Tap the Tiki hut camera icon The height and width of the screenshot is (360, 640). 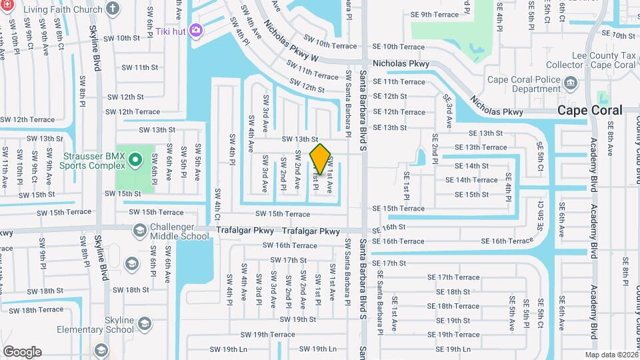click(x=195, y=29)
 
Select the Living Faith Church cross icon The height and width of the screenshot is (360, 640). click(x=113, y=9)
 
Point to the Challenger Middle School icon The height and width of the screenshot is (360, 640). click(x=139, y=230)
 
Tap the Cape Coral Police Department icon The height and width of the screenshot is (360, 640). click(x=570, y=83)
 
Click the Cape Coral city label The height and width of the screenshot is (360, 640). click(x=589, y=111)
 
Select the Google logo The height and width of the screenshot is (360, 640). click(x=22, y=351)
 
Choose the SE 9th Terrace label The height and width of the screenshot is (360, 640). click(x=435, y=14)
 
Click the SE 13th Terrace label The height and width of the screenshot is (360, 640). click(x=481, y=147)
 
